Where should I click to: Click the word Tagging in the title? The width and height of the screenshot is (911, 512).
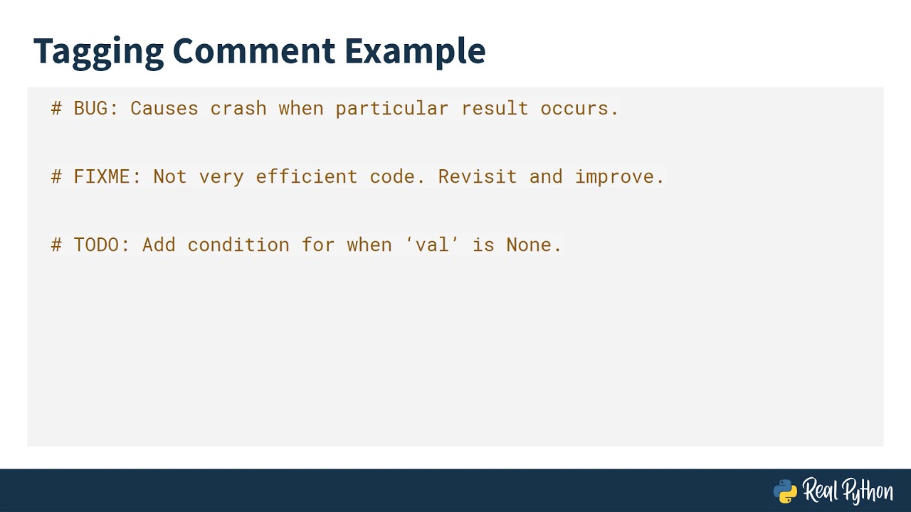(x=98, y=51)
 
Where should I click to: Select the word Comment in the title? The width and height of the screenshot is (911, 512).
(x=253, y=51)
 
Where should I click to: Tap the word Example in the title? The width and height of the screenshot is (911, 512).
(x=415, y=51)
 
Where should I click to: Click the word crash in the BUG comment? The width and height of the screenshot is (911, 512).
(x=238, y=108)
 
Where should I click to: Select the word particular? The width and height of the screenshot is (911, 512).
(x=392, y=108)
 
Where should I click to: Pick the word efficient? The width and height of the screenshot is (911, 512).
(x=307, y=176)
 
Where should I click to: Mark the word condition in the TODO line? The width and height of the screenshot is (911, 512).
(x=238, y=245)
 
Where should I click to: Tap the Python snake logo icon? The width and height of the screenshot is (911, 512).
(x=785, y=491)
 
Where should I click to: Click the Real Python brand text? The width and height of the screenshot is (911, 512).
(x=848, y=491)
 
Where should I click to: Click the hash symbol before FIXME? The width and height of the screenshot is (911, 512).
(x=57, y=176)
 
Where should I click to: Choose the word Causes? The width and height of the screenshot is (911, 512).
(x=164, y=108)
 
